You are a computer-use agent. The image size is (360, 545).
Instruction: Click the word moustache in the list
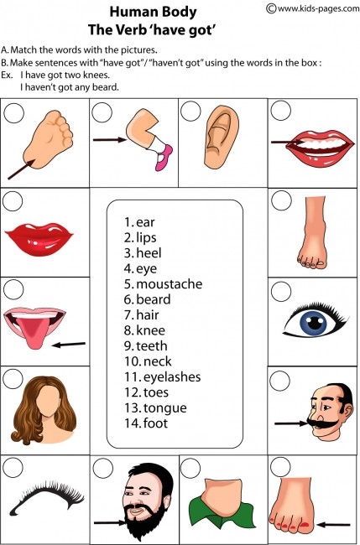pyautogui.click(x=169, y=284)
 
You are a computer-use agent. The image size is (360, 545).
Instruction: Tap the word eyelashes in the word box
pyautogui.click(x=172, y=377)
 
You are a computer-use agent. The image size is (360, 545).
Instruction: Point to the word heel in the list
pyautogui.click(x=149, y=252)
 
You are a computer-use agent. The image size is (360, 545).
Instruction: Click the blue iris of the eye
pyautogui.click(x=316, y=323)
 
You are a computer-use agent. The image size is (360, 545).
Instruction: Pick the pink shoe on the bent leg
pyautogui.click(x=164, y=158)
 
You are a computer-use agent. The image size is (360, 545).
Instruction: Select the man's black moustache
pyautogui.click(x=323, y=423)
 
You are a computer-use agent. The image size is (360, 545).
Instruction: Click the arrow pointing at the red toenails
pyautogui.click(x=333, y=524)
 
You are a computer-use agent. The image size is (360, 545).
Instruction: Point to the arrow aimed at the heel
pyautogui.click(x=21, y=169)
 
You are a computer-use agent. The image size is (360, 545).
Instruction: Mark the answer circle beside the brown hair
pyautogui.click(x=13, y=378)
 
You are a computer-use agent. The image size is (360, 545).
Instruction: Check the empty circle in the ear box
pyautogui.click(x=190, y=111)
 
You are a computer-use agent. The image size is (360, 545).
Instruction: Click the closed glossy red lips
pyautogui.click(x=39, y=239)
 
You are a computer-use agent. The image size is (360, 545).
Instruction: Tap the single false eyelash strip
pyautogui.click(x=47, y=496)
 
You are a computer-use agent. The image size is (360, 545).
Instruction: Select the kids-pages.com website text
pyautogui.click(x=313, y=8)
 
